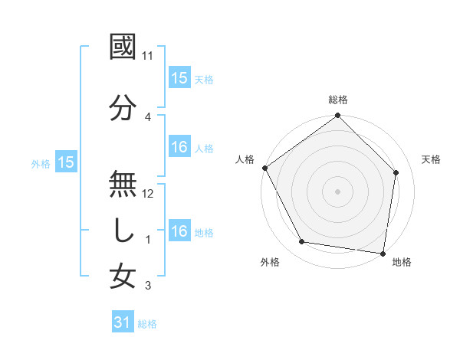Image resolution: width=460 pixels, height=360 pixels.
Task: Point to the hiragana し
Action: click(x=123, y=231)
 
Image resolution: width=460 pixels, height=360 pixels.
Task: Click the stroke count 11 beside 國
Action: click(x=148, y=56)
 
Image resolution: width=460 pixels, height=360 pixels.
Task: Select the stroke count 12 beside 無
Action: click(x=148, y=194)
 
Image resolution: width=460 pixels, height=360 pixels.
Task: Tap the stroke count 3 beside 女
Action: click(x=148, y=286)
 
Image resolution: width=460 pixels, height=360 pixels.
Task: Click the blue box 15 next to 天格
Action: click(x=179, y=77)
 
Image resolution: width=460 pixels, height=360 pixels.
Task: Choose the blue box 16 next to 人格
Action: click(x=179, y=147)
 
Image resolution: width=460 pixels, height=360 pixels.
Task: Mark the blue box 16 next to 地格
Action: click(x=179, y=231)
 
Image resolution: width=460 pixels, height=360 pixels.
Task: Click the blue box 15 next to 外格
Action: click(x=65, y=162)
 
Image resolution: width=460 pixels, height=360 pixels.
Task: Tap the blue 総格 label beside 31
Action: click(x=147, y=324)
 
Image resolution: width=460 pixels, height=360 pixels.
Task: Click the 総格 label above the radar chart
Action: click(x=338, y=100)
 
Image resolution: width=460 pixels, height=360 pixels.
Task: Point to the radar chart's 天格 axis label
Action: click(x=431, y=159)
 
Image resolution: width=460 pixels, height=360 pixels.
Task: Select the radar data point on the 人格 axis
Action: click(x=264, y=168)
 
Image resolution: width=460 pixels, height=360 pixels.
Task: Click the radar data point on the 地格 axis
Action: click(x=383, y=253)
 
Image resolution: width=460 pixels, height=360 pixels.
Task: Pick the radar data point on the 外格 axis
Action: click(x=302, y=242)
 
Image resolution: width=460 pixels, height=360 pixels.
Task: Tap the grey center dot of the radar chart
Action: click(x=338, y=191)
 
